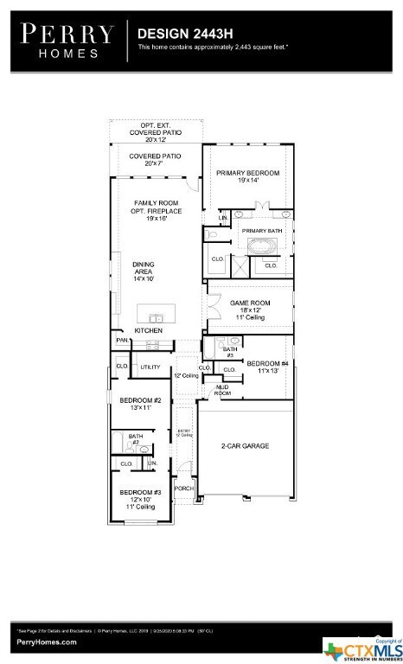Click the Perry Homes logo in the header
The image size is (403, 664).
click(67, 40)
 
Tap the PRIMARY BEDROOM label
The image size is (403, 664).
click(248, 176)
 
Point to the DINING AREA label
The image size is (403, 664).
click(143, 272)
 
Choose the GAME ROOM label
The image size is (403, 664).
click(250, 310)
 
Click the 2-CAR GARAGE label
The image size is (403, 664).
click(246, 445)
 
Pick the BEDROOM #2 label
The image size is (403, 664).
click(141, 403)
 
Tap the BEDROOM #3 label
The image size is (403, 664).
click(140, 495)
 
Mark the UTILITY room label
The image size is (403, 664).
click(150, 367)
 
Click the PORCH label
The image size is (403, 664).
click(184, 488)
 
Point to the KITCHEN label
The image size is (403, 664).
click(148, 331)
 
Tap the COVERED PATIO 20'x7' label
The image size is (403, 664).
click(155, 159)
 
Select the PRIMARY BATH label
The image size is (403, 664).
click(261, 231)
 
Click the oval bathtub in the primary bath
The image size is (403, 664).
click(261, 247)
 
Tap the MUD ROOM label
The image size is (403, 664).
click(222, 390)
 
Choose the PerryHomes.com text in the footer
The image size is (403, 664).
click(45, 642)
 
